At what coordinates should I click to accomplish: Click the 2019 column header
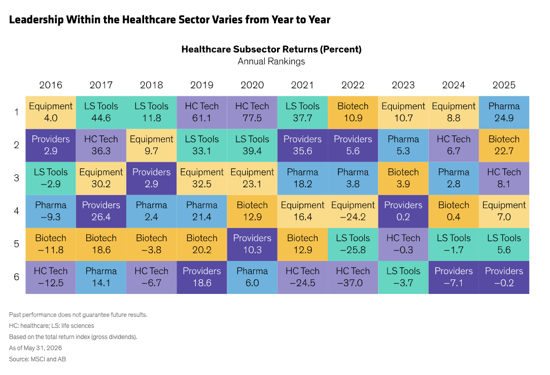[x=202, y=85]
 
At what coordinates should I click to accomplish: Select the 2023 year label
[x=403, y=85]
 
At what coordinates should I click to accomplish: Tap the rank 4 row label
[x=16, y=211]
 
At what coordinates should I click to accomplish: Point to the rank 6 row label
[x=16, y=277]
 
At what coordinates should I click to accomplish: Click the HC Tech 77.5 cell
[x=252, y=113]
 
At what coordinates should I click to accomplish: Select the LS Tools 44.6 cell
[x=101, y=113]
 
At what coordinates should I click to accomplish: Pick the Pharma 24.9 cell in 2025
[x=504, y=113]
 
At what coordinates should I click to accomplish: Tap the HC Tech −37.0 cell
[x=353, y=277]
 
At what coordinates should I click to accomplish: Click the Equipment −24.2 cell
[x=353, y=211]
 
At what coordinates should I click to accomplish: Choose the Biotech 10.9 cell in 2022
[x=353, y=113]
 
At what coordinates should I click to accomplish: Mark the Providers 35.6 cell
[x=302, y=145]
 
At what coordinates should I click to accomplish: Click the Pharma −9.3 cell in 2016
[x=51, y=211]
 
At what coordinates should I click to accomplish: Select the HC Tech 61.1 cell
[x=202, y=113]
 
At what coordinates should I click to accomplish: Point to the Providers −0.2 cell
[x=504, y=277]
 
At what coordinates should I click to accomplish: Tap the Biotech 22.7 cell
[x=504, y=145]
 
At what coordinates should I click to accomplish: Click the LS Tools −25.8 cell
[x=353, y=244]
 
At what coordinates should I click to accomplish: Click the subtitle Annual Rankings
[x=271, y=62]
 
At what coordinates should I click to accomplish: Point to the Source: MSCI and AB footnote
[x=38, y=359]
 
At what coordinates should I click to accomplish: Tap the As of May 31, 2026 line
[x=36, y=348]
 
